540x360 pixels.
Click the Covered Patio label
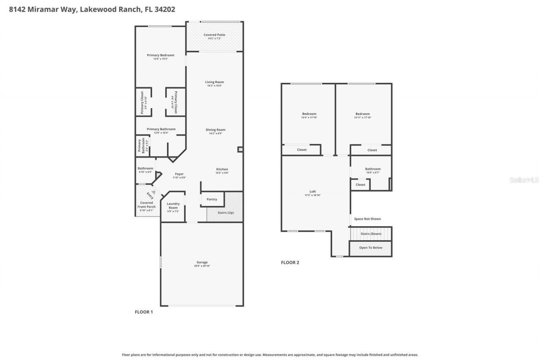(214, 35)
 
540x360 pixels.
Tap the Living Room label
(214, 82)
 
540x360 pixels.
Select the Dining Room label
(215, 130)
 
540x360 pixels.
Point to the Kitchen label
(222, 169)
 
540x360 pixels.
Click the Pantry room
(212, 199)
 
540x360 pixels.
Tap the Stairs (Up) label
(225, 212)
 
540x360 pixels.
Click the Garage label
(202, 263)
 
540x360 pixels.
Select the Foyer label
(179, 174)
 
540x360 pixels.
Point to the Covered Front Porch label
(146, 205)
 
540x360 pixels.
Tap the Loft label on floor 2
(313, 192)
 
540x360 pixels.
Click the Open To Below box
(370, 248)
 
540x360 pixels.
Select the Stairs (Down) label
(371, 233)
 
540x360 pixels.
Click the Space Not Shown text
(367, 219)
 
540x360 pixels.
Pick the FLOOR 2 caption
(290, 263)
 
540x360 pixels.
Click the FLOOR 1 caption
(143, 312)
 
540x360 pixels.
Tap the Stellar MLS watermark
(524, 180)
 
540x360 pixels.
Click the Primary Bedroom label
(160, 55)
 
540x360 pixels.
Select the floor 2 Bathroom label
(373, 169)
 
